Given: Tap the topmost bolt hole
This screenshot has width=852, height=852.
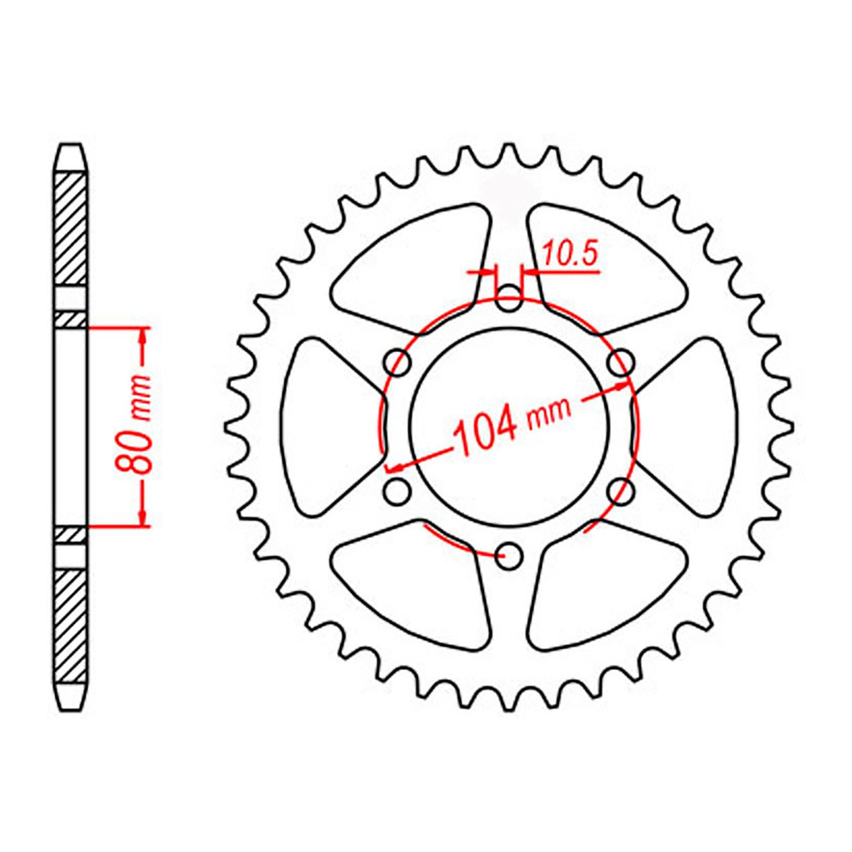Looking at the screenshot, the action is tap(508, 298).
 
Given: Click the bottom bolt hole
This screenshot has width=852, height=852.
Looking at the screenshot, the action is tap(508, 556).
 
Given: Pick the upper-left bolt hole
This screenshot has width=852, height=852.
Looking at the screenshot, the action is tap(397, 363).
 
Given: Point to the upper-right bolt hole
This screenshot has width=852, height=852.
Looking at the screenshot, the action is tap(620, 363).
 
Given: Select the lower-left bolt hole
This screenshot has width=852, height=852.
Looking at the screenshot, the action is tap(397, 492).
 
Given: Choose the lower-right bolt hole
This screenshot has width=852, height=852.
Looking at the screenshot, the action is tap(620, 492).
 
